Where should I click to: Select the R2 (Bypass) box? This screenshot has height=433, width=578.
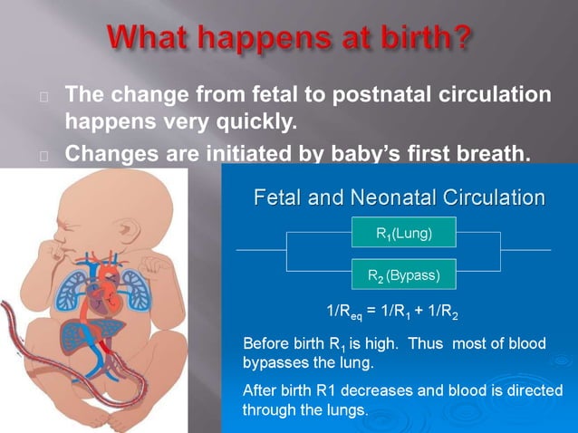[403, 273]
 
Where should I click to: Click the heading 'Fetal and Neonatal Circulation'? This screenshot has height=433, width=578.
[399, 197]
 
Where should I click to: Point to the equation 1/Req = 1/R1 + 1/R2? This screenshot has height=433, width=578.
[391, 314]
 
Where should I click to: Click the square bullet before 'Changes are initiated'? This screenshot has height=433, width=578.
[43, 155]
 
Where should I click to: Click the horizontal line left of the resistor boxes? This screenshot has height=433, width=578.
[261, 249]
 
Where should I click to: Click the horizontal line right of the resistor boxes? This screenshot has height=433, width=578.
[525, 249]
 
